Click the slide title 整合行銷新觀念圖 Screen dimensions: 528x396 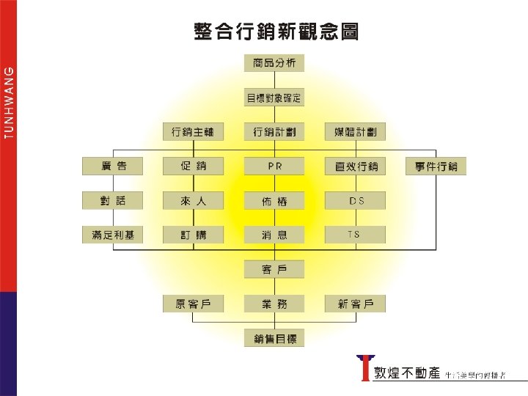[x=276, y=32]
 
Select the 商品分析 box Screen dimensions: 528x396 [x=274, y=64]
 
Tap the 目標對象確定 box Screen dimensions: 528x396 [x=274, y=98]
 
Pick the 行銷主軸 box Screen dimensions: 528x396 [x=193, y=132]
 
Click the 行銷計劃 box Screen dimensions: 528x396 [x=274, y=132]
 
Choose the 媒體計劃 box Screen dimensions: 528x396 [x=356, y=132]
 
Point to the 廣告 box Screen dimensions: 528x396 [x=112, y=166]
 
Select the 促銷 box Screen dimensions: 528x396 [x=193, y=166]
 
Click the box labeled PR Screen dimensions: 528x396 [x=274, y=166]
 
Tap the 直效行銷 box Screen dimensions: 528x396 [x=356, y=166]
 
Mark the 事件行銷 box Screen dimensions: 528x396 [x=436, y=166]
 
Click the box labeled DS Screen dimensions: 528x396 [x=356, y=200]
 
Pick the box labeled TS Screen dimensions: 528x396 [x=356, y=235]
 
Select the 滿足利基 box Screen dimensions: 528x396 [x=112, y=235]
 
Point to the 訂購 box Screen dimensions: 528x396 [x=193, y=235]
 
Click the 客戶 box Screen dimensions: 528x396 [x=274, y=269]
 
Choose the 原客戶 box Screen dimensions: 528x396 [x=193, y=304]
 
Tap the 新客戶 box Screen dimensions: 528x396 [x=356, y=304]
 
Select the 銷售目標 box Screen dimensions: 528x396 [x=274, y=338]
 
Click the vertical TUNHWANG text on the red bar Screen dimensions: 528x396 [x=8, y=100]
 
